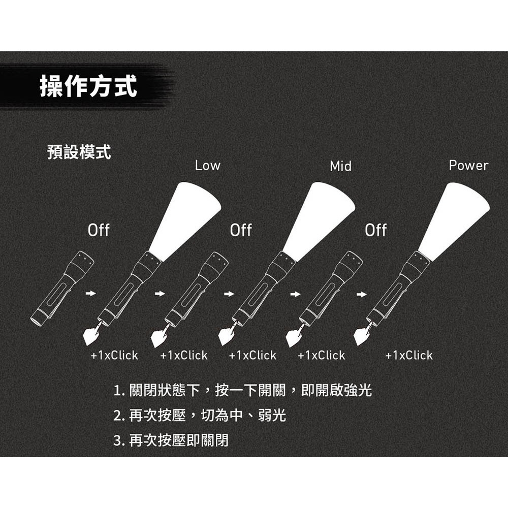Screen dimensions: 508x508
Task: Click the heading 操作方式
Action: [x=88, y=86]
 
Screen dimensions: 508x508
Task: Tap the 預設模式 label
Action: [x=79, y=152]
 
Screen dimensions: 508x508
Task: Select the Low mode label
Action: [x=208, y=165]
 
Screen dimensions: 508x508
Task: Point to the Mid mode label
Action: [x=340, y=166]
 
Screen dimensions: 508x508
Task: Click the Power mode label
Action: [x=468, y=165]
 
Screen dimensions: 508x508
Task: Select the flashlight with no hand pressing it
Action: [x=61, y=288]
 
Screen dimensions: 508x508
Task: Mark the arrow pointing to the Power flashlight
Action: [x=361, y=294]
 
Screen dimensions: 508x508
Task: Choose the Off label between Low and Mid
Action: [x=241, y=230]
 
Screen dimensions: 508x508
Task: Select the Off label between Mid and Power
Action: [x=376, y=230]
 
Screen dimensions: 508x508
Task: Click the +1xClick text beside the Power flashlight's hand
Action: [x=409, y=355]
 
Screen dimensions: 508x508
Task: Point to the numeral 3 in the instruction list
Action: [x=117, y=440]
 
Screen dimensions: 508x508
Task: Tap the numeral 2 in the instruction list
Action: [x=117, y=416]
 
